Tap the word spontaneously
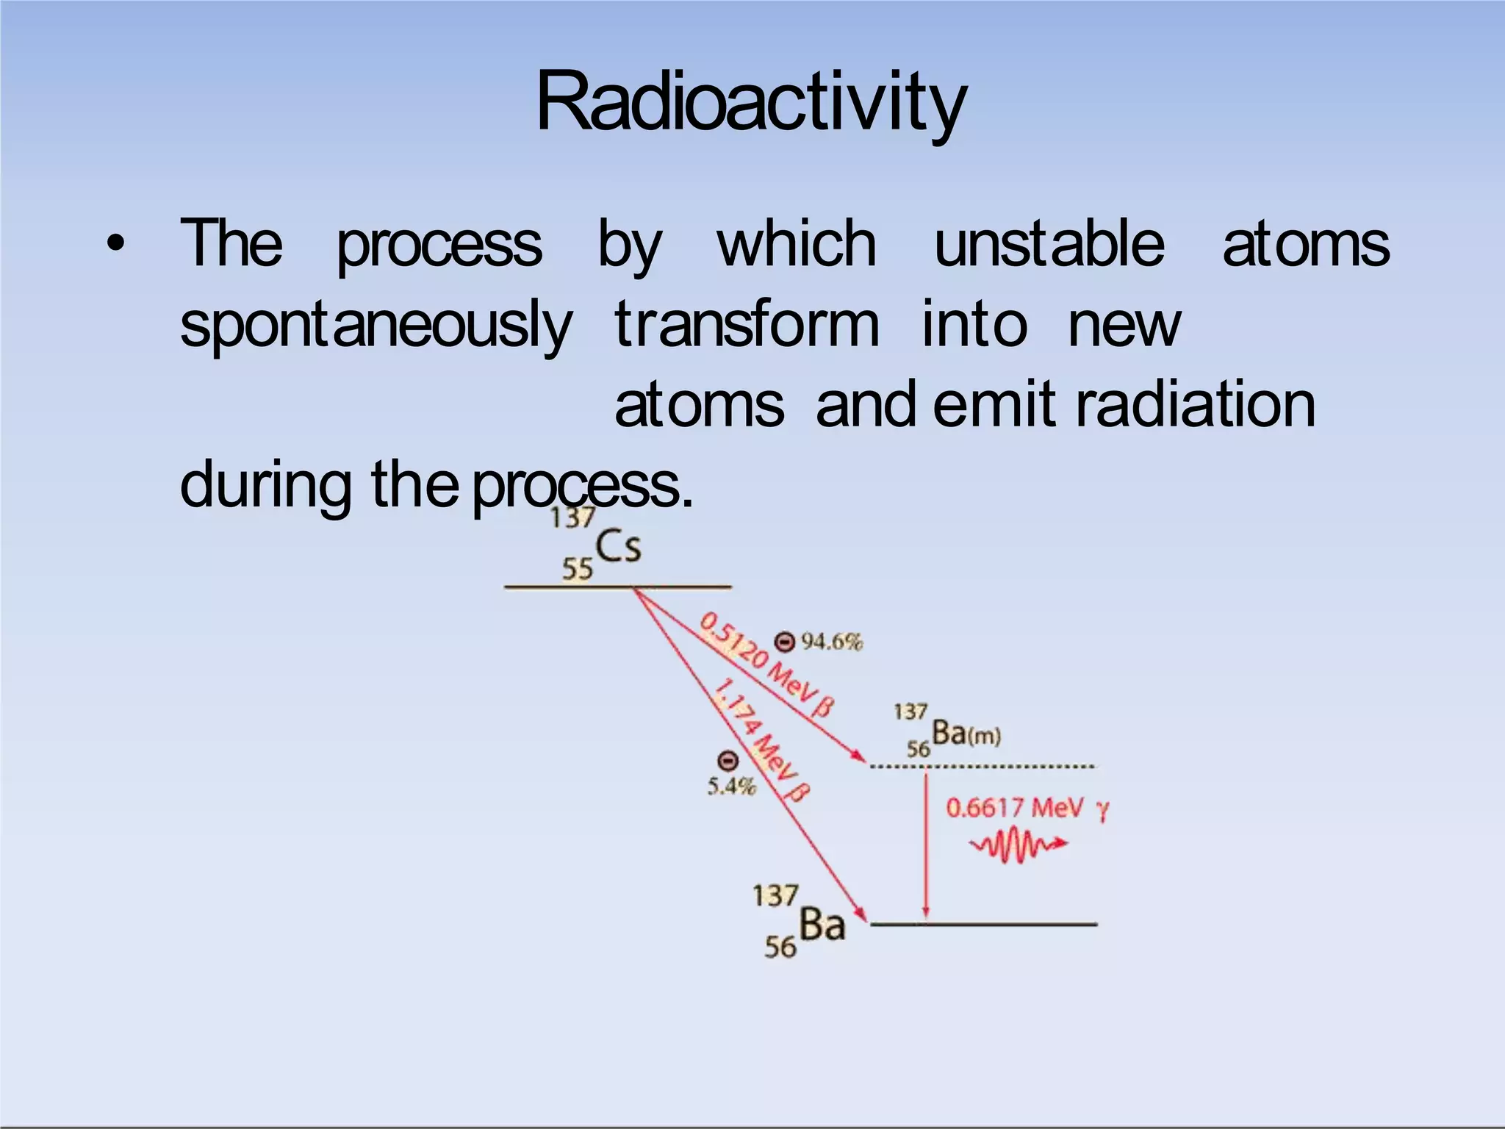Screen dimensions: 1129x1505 [x=376, y=324]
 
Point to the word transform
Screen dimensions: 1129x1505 [x=747, y=324]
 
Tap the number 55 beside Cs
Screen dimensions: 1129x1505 [x=577, y=569]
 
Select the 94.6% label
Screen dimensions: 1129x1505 [x=832, y=642]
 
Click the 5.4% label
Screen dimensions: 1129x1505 [x=731, y=786]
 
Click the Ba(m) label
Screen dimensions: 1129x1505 [x=965, y=733]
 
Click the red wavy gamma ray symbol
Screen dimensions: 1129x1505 [x=1018, y=845]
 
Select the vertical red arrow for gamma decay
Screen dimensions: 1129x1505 [x=926, y=845]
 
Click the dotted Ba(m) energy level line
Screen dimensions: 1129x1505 [x=982, y=767]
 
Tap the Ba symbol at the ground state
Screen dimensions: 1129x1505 [x=822, y=924]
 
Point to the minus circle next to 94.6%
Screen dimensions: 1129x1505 [x=785, y=642]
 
